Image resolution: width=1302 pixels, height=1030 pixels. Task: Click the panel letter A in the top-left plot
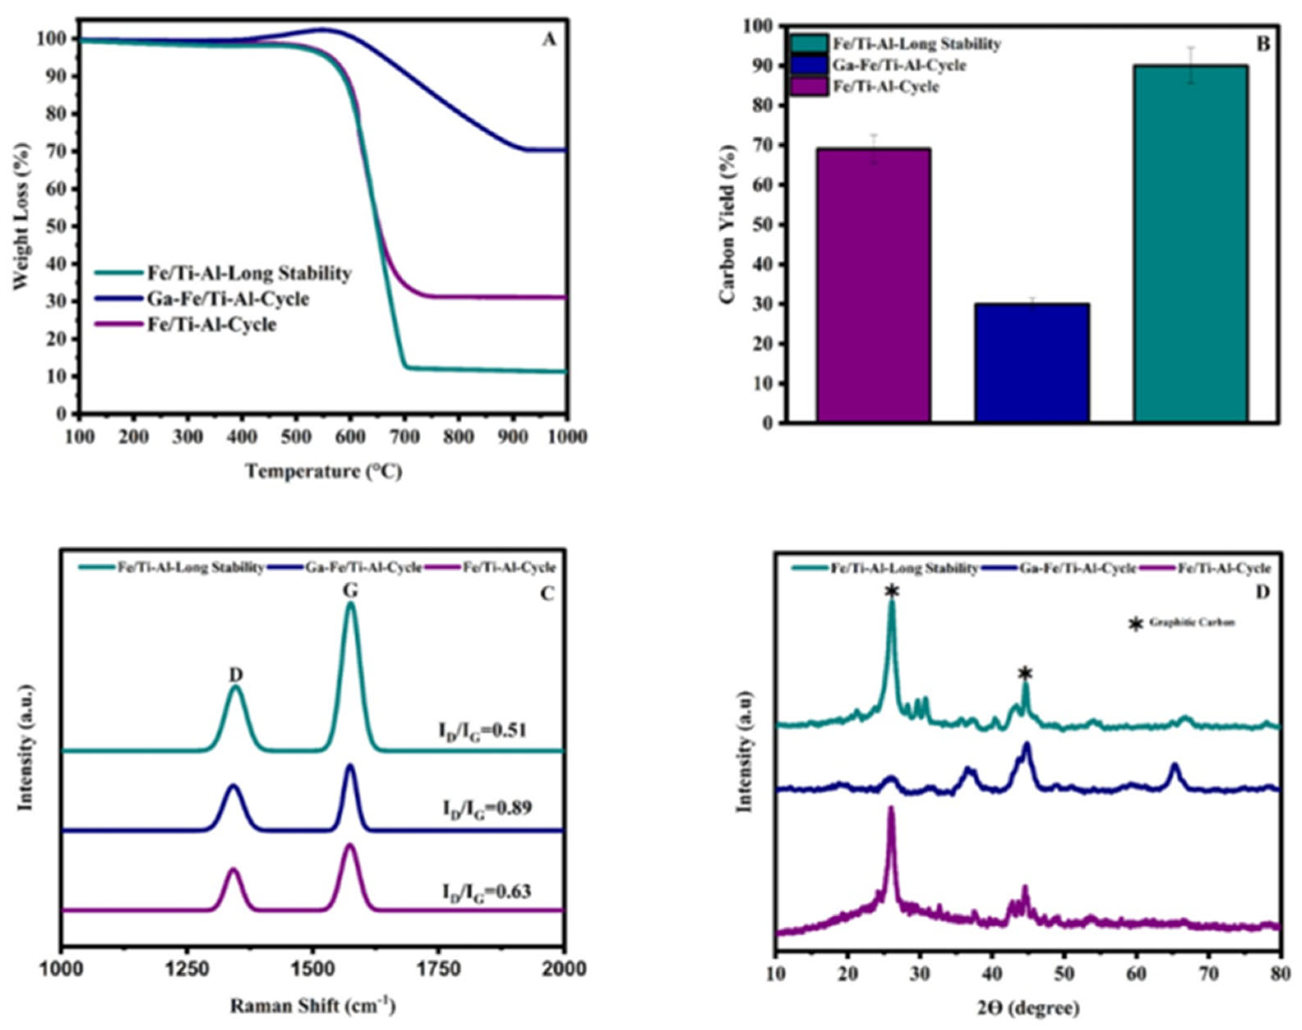[548, 40]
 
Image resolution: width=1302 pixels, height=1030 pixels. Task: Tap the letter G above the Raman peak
[351, 591]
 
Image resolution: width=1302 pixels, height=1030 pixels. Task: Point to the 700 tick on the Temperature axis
[404, 436]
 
